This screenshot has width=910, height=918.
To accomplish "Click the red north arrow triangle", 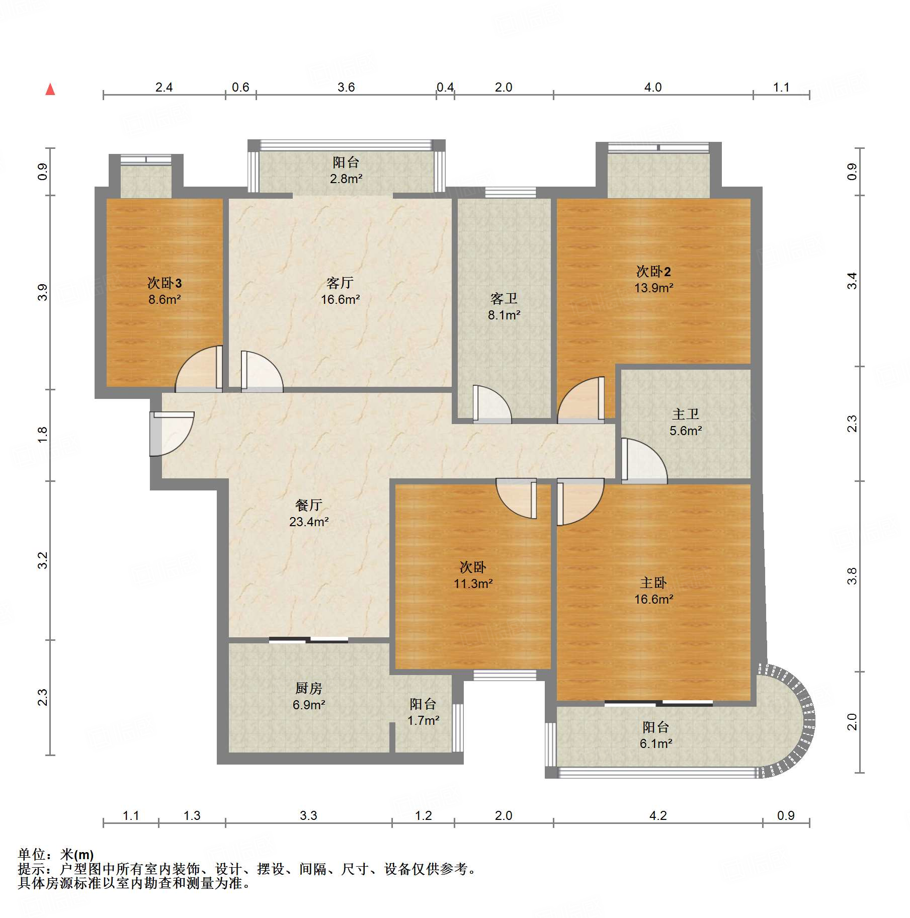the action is (x=50, y=90).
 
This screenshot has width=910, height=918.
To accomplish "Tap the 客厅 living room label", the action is (x=340, y=283).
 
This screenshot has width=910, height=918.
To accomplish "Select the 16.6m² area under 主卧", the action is (x=653, y=599).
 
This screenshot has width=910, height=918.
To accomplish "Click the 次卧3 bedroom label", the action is (x=164, y=283).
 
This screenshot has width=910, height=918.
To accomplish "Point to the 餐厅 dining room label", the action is (x=308, y=505).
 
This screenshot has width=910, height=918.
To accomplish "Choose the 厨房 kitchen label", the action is (x=308, y=688).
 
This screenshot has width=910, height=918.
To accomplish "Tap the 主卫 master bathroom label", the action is (x=685, y=414).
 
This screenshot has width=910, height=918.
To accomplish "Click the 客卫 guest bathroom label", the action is (x=504, y=299).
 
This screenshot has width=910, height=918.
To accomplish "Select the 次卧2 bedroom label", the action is (x=653, y=272).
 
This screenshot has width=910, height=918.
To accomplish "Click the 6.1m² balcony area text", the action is (x=656, y=743).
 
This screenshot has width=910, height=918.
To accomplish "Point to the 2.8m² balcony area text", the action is (x=346, y=179).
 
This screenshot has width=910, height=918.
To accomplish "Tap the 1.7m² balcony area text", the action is (x=423, y=720).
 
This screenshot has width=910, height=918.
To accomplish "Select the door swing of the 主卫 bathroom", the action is (x=644, y=461).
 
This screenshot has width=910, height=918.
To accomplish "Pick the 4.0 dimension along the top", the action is (x=653, y=88).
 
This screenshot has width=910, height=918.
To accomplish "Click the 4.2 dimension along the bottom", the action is (x=658, y=815).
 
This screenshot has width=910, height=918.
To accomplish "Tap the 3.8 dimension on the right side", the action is (x=852, y=576).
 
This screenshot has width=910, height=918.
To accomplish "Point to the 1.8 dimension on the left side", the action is (x=43, y=434).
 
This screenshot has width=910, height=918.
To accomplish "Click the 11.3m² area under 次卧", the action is (x=473, y=583).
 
